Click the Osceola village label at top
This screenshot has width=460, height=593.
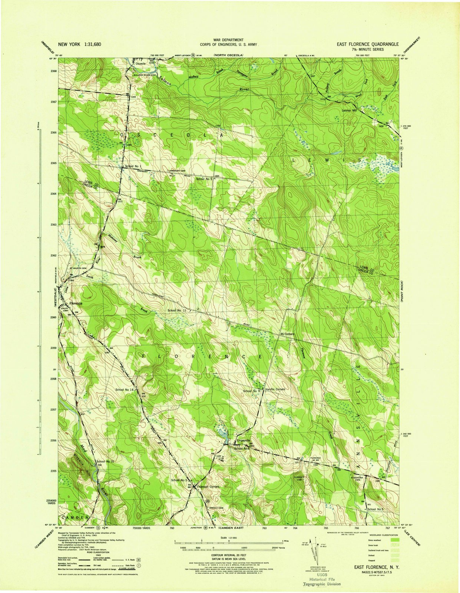tap(141, 63)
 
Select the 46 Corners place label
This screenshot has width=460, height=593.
tap(287, 334)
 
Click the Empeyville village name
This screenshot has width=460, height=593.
tap(244, 441)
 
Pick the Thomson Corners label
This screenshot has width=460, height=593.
tap(208, 487)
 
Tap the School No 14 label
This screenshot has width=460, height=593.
tap(124, 390)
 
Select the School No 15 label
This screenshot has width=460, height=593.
tap(105, 461)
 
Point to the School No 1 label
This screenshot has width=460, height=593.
tap(133, 166)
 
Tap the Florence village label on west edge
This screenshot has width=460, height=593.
tap(76, 303)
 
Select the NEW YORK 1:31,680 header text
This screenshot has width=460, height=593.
tap(79, 44)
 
